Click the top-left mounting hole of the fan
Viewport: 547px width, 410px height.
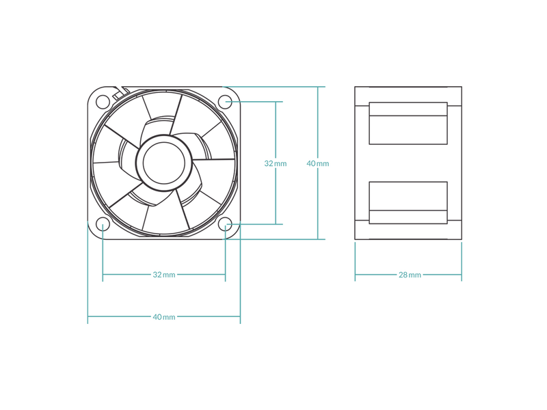(103, 102)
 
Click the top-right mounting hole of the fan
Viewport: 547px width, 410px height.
(226, 102)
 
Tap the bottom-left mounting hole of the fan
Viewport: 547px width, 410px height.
(103, 224)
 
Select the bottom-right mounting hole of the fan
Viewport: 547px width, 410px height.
(226, 224)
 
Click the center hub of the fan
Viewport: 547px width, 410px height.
(163, 163)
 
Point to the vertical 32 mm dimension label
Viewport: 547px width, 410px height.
(276, 163)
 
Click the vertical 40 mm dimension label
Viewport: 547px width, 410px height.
(318, 163)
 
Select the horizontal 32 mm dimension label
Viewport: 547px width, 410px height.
(164, 275)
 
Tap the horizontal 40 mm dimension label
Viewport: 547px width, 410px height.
(164, 317)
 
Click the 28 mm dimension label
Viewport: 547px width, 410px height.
(410, 275)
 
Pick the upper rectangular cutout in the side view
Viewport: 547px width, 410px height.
(408, 123)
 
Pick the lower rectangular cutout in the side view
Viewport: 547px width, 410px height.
(408, 202)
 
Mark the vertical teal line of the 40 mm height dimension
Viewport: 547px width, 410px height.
(318, 163)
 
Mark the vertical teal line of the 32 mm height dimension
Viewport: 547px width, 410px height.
(276, 163)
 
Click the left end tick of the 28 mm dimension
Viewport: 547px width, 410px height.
(355, 262)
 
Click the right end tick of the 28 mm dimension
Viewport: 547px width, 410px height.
(462, 262)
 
